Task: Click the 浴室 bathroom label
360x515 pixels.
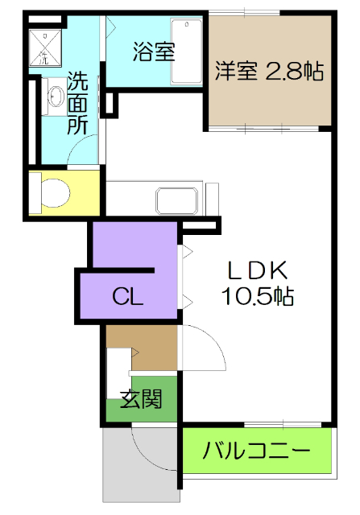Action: (154, 53)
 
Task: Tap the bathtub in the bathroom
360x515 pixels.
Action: (186, 52)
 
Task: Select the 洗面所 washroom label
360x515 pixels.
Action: (77, 103)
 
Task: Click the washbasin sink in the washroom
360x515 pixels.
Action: (56, 97)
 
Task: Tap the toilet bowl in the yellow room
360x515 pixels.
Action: (52, 193)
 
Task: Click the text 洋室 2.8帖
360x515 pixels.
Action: (269, 71)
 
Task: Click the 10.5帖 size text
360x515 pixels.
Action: (257, 296)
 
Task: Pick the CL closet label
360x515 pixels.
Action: (127, 297)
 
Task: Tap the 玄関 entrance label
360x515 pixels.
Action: (142, 398)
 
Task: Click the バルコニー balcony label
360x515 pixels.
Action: (256, 450)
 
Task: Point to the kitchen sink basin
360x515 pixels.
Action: (176, 199)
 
